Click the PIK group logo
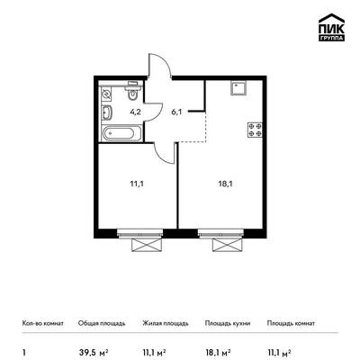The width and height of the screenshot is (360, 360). pos(331,27)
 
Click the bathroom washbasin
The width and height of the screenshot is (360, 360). pos(106,112)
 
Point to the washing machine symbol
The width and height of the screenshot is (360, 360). pos(106,94)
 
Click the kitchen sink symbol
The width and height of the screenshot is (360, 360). pos(238,88)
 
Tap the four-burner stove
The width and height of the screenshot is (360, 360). pos(255,130)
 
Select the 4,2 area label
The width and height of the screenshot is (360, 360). pos(135,112)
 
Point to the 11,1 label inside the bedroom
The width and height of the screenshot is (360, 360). pos(137,184)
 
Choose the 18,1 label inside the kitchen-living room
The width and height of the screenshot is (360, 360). pos(226,184)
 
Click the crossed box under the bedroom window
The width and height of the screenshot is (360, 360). pos(148,245)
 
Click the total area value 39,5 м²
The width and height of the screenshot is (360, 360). pos(94,352)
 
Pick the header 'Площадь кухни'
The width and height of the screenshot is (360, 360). pos(228,323)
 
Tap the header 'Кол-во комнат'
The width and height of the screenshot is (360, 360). pos(43,323)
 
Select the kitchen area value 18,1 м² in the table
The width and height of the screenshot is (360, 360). pos(218,352)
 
